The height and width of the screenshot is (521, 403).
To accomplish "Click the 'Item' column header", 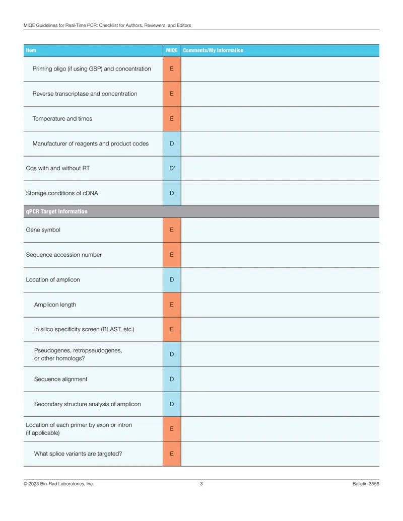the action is point(31,50).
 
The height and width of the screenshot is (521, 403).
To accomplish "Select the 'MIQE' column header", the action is point(172,50).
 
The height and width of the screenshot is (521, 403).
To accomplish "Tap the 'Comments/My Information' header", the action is point(213,50).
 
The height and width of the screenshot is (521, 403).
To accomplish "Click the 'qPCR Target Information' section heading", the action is point(56,211).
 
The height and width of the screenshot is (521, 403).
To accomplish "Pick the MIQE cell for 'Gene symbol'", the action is point(172,230).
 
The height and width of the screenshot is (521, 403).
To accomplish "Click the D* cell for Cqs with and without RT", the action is point(172,169).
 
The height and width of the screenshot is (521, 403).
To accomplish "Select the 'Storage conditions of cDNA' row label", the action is point(62,193).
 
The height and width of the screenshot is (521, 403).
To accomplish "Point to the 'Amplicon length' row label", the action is point(55,305).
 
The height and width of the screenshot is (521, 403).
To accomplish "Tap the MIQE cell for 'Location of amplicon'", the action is point(172,280).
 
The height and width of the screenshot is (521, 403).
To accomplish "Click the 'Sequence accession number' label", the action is point(64,255).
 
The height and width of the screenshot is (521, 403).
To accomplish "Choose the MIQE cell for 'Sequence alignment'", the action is point(172,379).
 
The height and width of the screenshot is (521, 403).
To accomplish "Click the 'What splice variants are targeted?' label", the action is point(78,454).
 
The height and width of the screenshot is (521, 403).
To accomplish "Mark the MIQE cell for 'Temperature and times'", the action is point(172,119).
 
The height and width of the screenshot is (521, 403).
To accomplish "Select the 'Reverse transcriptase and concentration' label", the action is point(85,94).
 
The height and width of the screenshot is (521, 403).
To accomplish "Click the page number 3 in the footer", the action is point(201,484).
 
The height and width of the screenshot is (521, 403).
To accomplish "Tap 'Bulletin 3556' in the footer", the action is point(366,484).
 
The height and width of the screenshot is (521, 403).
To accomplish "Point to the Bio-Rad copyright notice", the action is point(58,484).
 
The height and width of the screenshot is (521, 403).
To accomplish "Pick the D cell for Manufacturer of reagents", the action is point(172,143).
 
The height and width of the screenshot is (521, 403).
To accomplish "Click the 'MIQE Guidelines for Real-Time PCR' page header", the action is point(107,25).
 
